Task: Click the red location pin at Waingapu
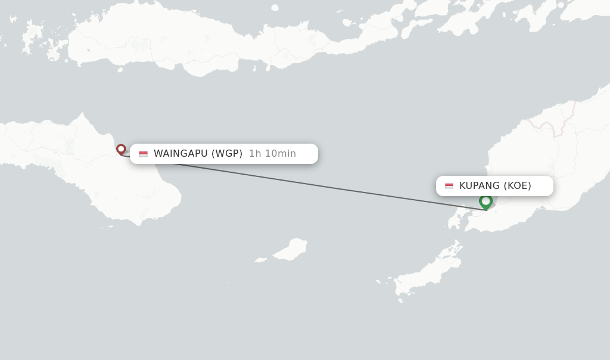(121, 149)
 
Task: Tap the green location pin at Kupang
(485, 201)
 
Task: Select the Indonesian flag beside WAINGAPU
(143, 154)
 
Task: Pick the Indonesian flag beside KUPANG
(449, 186)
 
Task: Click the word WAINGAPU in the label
(180, 154)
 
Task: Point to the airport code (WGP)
(227, 154)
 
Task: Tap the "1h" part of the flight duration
(255, 154)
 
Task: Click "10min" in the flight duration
(280, 154)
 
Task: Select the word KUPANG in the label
(480, 186)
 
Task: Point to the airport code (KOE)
(517, 186)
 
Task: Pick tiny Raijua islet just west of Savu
(261, 260)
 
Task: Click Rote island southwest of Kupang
(426, 274)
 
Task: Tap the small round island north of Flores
(275, 8)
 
